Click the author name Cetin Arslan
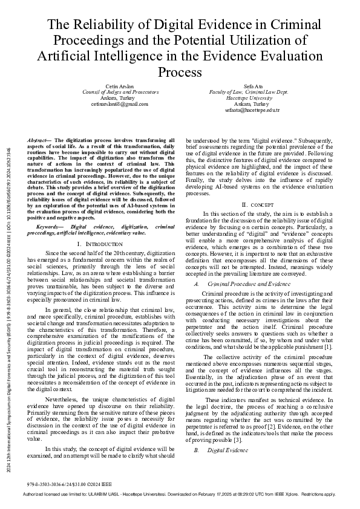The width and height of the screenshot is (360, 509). pos(120,87)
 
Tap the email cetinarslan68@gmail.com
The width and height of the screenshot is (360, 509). pos(120,105)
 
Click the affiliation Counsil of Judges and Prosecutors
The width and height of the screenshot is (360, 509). pos(120,93)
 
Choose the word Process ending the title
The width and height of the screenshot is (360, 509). pos(180,73)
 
